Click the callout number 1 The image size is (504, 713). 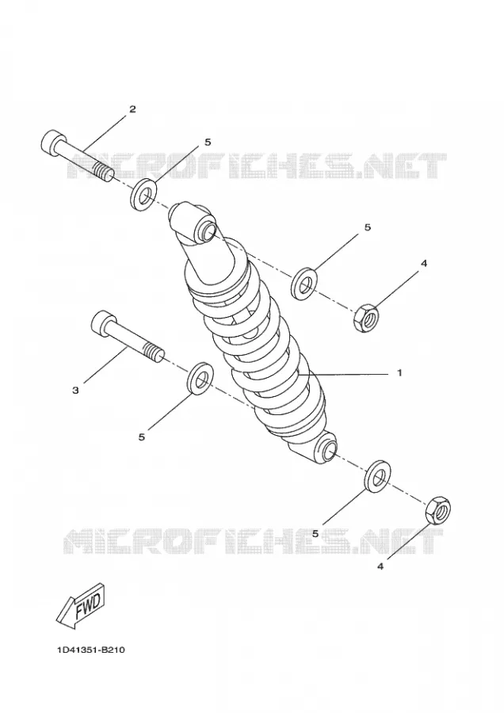[399, 373]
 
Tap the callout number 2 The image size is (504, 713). [132, 109]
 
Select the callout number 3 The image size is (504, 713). [75, 390]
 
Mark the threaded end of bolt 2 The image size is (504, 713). [104, 173]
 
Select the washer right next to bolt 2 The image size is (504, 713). [143, 196]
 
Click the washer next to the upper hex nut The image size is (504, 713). [304, 284]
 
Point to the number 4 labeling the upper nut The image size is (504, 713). [424, 263]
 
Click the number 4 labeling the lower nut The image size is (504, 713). [380, 566]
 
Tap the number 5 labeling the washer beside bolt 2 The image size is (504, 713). [208, 142]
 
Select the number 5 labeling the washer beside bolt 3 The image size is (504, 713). [142, 437]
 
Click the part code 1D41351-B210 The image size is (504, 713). [91, 650]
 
